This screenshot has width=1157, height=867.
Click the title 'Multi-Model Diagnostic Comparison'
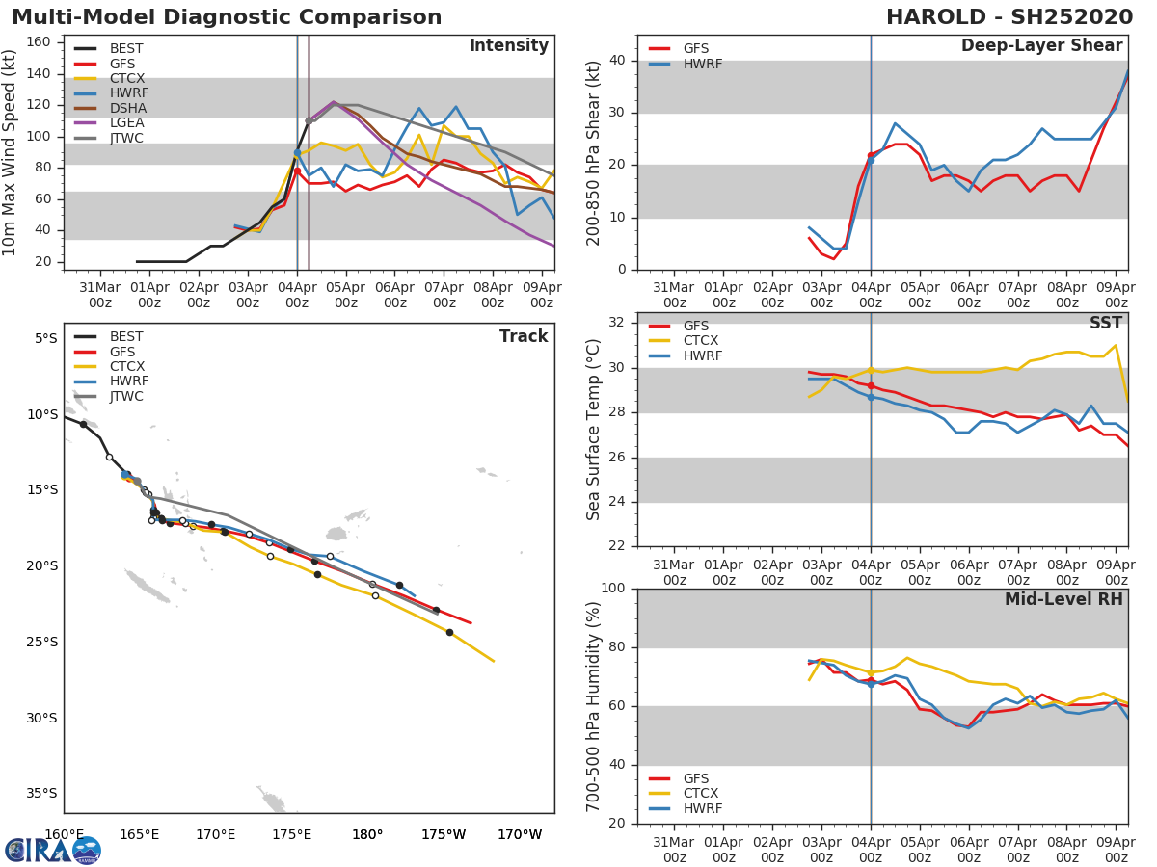point(227,17)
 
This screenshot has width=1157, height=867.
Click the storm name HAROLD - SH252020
point(1009,17)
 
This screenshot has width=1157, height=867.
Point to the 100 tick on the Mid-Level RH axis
point(614,589)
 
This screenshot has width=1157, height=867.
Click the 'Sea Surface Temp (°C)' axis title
point(594,430)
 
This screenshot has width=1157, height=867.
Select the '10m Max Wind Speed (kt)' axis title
point(11,152)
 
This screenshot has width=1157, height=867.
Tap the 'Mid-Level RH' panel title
point(1063,600)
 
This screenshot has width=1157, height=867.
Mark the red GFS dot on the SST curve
point(871,385)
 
